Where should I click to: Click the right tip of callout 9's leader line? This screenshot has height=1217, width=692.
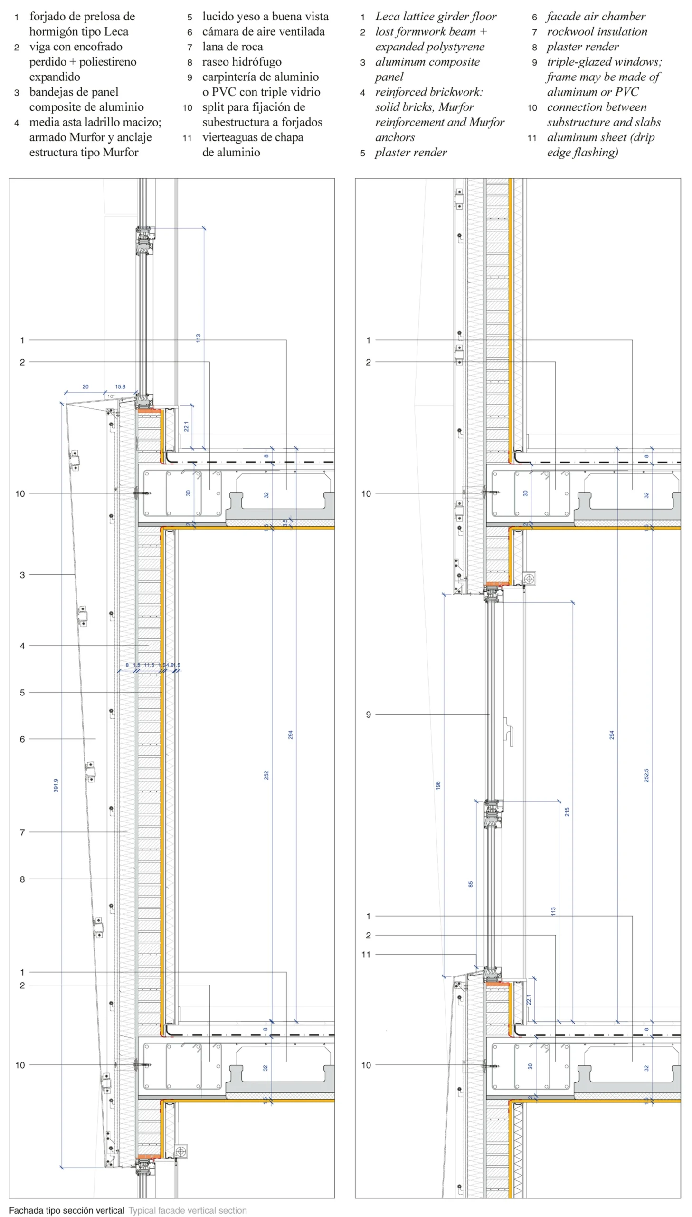pyautogui.click(x=490, y=715)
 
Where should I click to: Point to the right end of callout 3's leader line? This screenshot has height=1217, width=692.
pyautogui.click(x=75, y=574)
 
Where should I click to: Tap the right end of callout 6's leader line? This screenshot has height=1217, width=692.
pyautogui.click(x=95, y=739)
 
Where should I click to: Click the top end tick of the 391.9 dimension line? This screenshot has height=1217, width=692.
pyautogui.click(x=62, y=404)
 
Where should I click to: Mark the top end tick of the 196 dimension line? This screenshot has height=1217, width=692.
pyautogui.click(x=444, y=594)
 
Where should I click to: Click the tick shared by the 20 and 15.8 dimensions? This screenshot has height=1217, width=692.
pyautogui.click(x=105, y=393)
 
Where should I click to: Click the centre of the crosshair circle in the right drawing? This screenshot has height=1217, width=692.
pyautogui.click(x=529, y=578)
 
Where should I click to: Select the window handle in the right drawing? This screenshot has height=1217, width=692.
pyautogui.click(x=509, y=732)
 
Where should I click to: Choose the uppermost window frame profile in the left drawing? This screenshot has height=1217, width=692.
pyautogui.click(x=145, y=241)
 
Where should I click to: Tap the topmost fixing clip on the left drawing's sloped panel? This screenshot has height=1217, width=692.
pyautogui.click(x=75, y=460)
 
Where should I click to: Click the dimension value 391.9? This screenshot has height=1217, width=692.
pyautogui.click(x=56, y=785)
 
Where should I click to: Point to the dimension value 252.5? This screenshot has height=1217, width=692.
pyautogui.click(x=646, y=775)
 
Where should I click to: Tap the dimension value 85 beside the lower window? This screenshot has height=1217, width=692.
pyautogui.click(x=471, y=884)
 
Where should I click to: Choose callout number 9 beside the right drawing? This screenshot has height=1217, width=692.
pyautogui.click(x=369, y=715)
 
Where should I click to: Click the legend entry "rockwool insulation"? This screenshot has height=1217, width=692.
pyautogui.click(x=597, y=31)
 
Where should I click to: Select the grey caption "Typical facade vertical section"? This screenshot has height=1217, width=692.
pyautogui.click(x=188, y=1210)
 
